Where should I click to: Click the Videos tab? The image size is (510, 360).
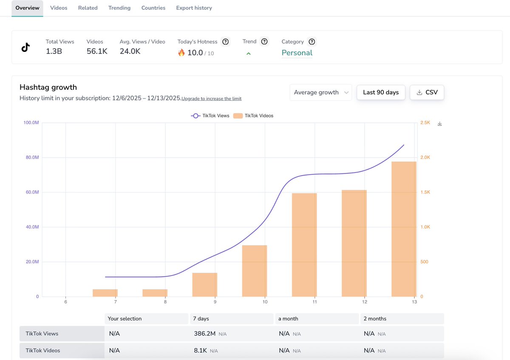(59, 8)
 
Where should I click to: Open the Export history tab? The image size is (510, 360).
(194, 8)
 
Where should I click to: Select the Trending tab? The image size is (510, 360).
(119, 8)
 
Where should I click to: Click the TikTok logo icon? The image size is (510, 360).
(25, 47)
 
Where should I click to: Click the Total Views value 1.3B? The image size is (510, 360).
(54, 51)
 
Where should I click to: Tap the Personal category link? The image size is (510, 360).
(297, 53)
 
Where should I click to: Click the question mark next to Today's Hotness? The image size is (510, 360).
(226, 42)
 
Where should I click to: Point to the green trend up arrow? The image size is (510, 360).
(249, 54)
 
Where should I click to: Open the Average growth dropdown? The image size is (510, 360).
(320, 92)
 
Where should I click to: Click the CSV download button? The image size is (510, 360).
(427, 92)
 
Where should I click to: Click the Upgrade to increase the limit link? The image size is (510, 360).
(211, 99)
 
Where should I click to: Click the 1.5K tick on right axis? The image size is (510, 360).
(425, 192)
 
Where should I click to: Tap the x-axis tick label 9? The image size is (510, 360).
(215, 302)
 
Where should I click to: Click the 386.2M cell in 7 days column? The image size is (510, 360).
(204, 334)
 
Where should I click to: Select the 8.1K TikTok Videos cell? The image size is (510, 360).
(201, 351)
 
